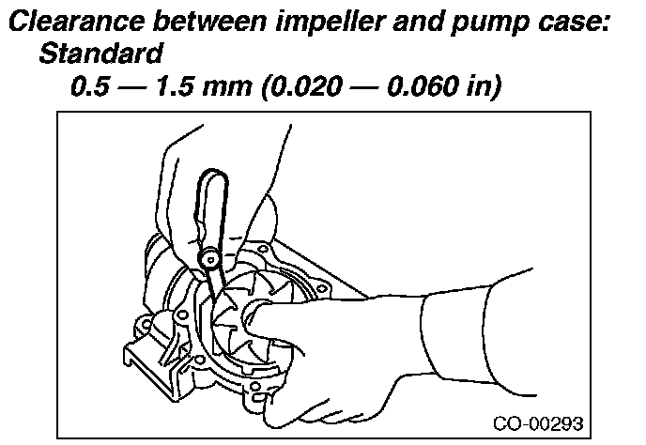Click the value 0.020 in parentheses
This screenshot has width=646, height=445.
click(305, 88)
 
